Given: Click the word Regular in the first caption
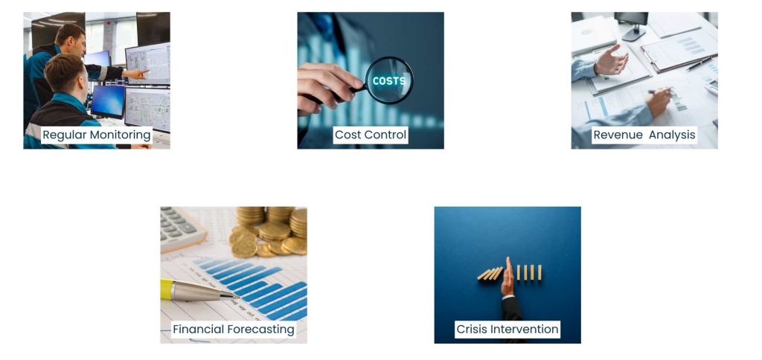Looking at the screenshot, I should point(65,135).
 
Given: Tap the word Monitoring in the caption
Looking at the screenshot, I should point(120,135).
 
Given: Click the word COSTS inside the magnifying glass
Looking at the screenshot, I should point(388,80).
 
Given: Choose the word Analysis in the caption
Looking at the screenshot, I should point(671,135).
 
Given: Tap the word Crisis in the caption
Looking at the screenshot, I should point(473,329).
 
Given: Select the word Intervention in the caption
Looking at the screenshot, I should point(525,329).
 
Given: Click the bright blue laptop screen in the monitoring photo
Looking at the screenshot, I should point(108,100).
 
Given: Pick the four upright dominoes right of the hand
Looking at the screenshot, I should point(529,272).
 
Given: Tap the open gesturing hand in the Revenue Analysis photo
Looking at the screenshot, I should point(610,60).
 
